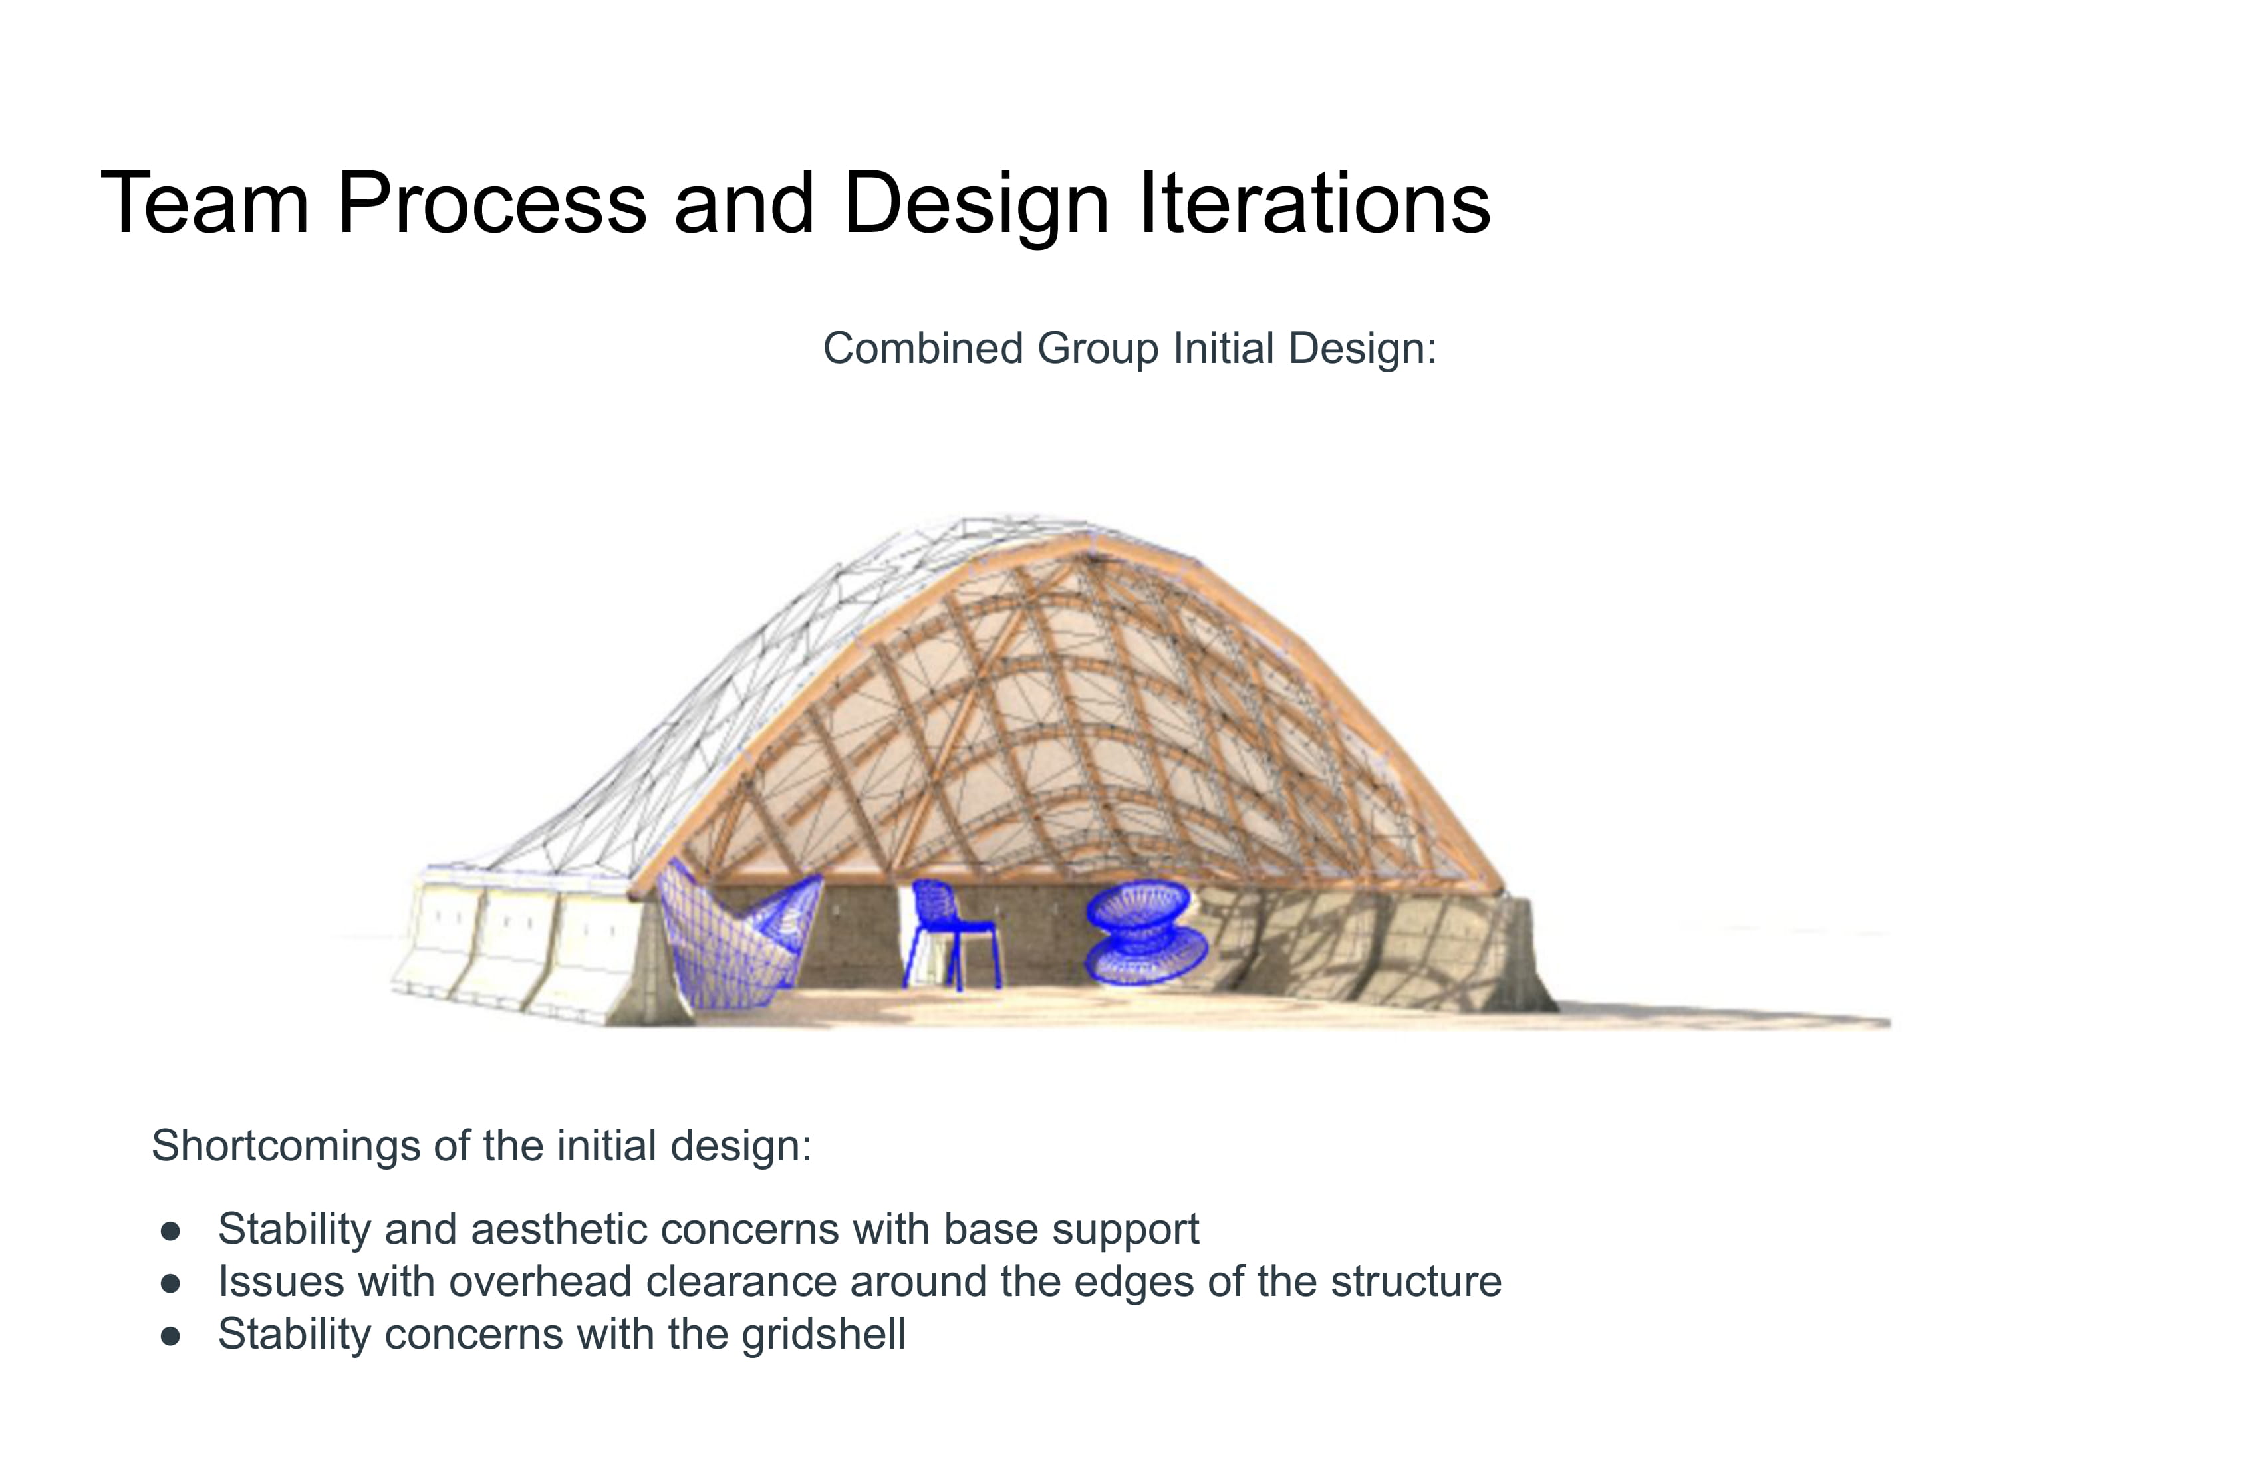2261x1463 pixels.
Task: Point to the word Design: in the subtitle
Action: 1363,348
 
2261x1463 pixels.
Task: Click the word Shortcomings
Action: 286,1146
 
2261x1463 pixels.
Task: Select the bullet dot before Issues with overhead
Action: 171,1284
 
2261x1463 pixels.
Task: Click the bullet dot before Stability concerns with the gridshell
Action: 171,1337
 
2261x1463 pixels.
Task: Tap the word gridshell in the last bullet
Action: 824,1335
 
